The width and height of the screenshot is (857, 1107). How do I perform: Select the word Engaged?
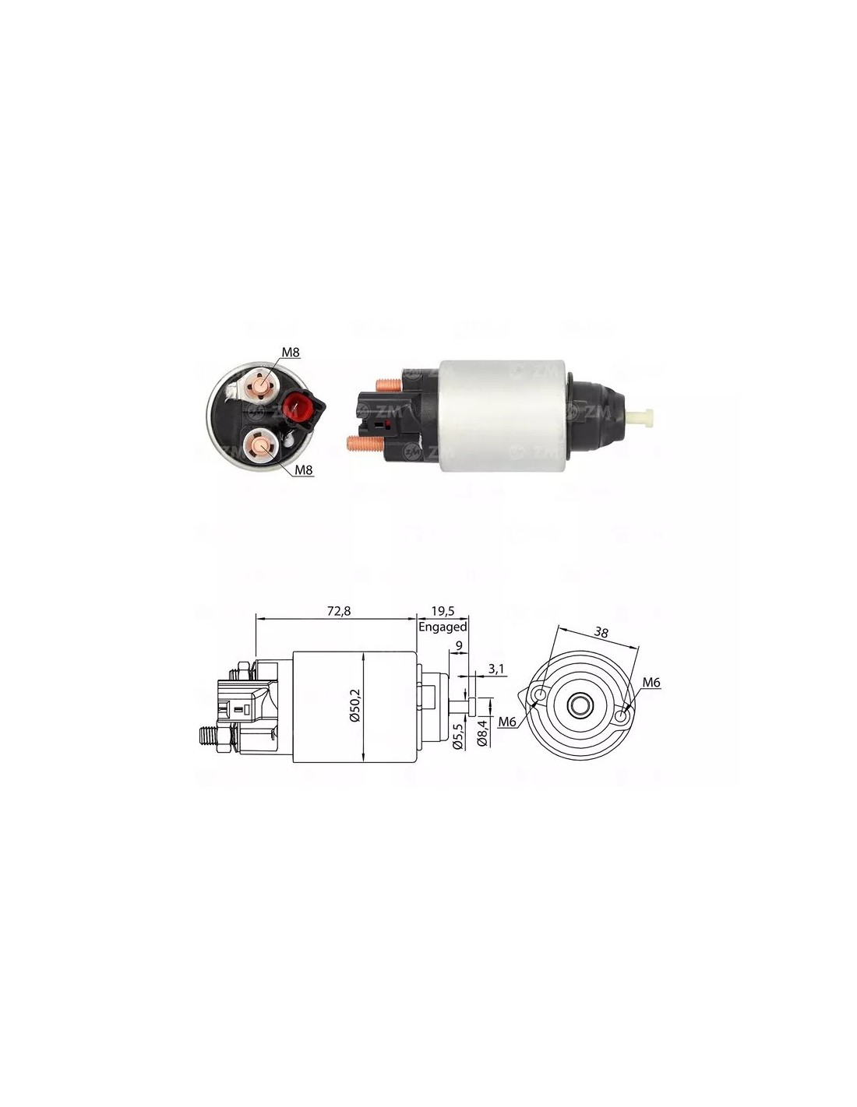tap(443, 627)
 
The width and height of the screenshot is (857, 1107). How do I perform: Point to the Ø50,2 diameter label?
tap(355, 705)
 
